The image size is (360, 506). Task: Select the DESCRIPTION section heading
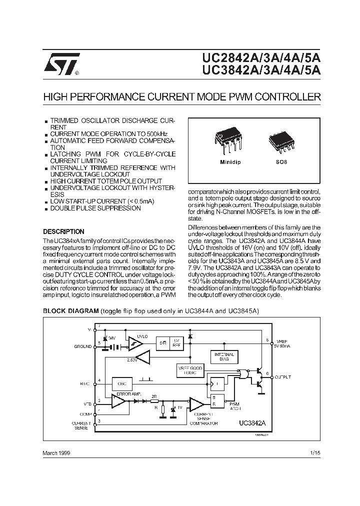(x=63, y=232)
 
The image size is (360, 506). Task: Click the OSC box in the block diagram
(x=121, y=383)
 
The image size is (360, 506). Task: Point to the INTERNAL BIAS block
(x=224, y=356)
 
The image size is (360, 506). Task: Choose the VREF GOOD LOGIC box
(x=190, y=370)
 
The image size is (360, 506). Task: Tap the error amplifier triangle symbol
(x=118, y=400)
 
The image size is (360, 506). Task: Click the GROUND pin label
(x=83, y=346)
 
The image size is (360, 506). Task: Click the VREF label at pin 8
(x=281, y=342)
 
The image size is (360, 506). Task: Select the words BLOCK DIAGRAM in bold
(x=70, y=310)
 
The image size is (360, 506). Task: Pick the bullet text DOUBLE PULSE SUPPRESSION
(x=88, y=208)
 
